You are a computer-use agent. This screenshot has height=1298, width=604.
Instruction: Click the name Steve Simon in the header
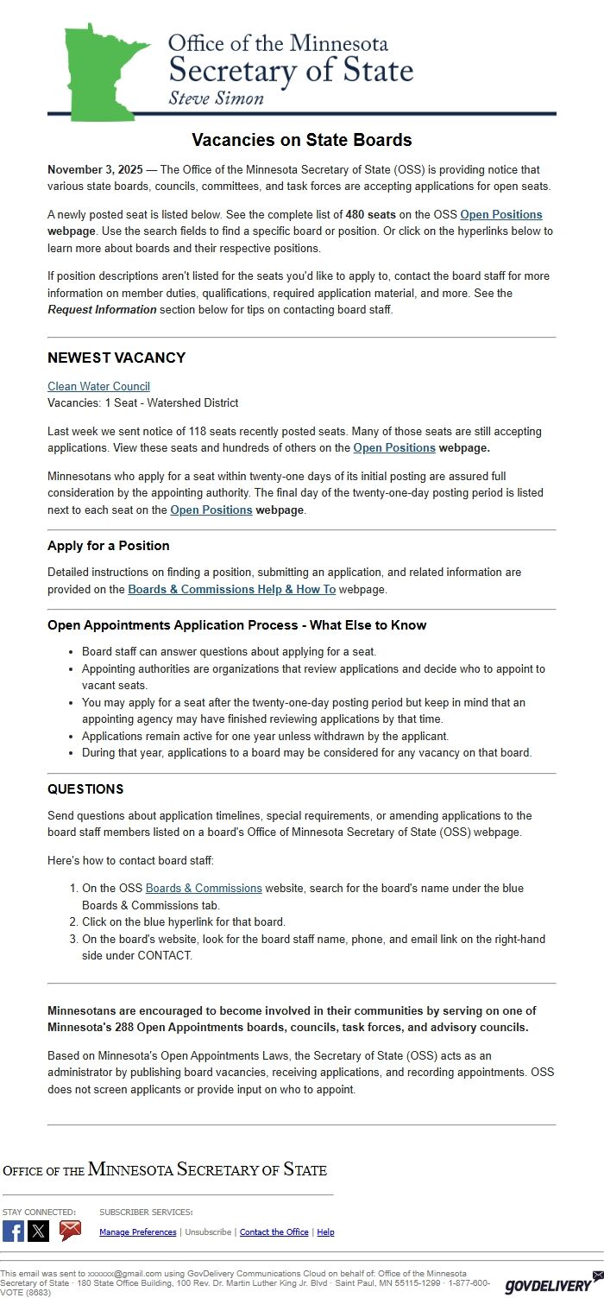click(x=216, y=98)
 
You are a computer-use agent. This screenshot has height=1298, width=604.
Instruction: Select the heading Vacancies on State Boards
click(x=301, y=140)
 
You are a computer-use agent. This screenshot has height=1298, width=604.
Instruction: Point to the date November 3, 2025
click(x=95, y=170)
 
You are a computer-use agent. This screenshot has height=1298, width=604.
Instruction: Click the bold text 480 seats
click(x=370, y=214)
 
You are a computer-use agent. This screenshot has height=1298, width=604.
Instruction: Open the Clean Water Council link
click(x=98, y=386)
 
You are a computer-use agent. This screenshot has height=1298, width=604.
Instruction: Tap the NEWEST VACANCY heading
click(x=116, y=358)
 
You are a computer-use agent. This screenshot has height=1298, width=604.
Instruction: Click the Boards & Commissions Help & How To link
click(x=231, y=589)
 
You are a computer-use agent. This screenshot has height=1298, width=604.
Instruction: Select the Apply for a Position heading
click(x=108, y=546)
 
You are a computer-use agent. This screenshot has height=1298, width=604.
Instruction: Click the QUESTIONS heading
click(x=85, y=789)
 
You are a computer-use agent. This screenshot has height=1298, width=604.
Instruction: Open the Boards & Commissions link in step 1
click(x=204, y=888)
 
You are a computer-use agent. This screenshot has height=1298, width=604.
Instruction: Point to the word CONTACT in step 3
click(x=164, y=956)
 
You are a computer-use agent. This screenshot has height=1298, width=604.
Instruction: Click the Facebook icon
click(x=13, y=1232)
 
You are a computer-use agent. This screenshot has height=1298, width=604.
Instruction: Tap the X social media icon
click(x=39, y=1232)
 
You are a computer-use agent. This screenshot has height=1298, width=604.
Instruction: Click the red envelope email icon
click(x=70, y=1231)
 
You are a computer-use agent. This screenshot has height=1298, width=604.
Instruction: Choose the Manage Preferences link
click(x=138, y=1232)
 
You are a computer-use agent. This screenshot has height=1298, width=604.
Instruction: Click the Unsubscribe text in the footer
click(x=208, y=1232)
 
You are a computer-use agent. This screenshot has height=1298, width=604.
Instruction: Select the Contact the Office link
click(x=274, y=1232)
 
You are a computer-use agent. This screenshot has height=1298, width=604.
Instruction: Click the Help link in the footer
click(x=325, y=1232)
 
